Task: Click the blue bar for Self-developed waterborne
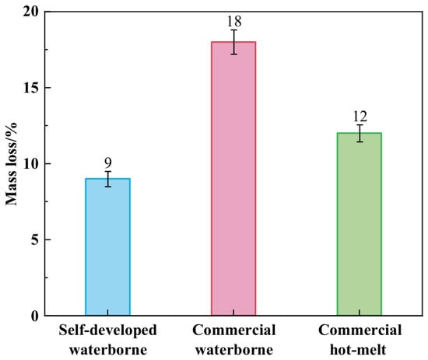[x=108, y=246]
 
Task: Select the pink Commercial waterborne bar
[x=233, y=179]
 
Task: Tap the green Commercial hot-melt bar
[x=360, y=224]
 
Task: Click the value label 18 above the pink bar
[x=234, y=21]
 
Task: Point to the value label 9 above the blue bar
[x=108, y=163]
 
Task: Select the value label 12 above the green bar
[x=360, y=117]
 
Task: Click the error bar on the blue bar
[x=108, y=179]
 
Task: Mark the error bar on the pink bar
[x=234, y=42]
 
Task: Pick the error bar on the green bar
[x=360, y=134]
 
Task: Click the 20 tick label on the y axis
[x=31, y=12]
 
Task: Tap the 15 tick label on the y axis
[x=31, y=88]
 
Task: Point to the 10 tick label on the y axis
[x=31, y=164]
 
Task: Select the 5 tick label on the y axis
[x=35, y=240]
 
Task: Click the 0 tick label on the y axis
[x=35, y=316]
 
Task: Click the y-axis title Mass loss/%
[x=12, y=164]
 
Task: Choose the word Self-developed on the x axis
[x=108, y=330]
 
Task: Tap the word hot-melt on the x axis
[x=358, y=350]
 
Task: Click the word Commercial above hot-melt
[x=360, y=330]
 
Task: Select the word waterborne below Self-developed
[x=108, y=350]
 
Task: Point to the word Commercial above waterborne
[x=234, y=330]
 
